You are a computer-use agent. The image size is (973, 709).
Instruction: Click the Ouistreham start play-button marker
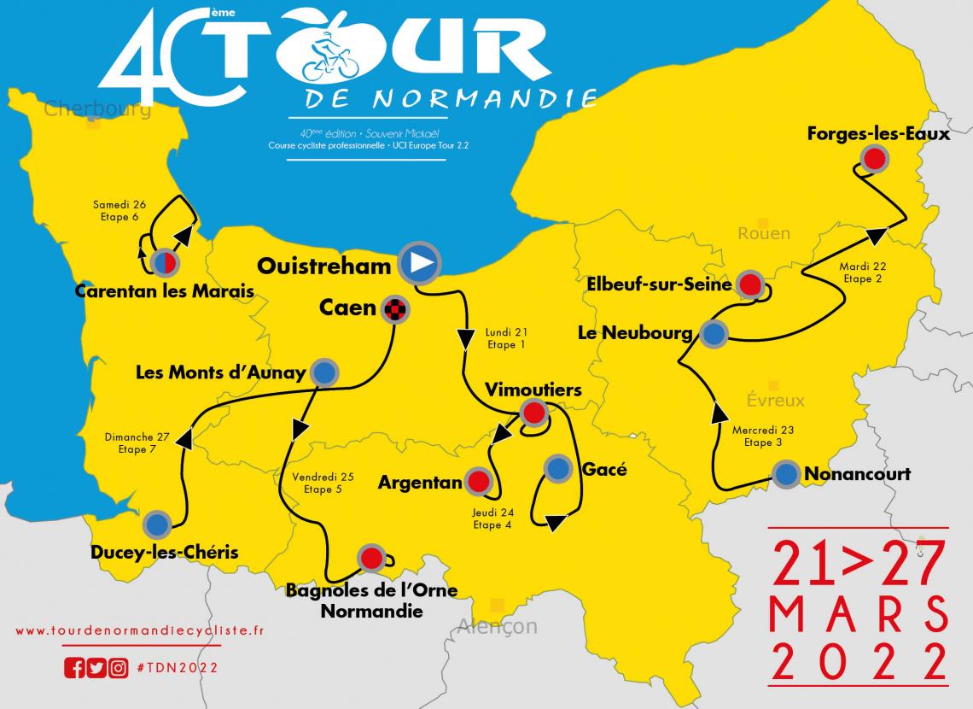click(x=419, y=263)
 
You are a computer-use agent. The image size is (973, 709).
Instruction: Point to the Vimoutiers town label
click(x=533, y=390)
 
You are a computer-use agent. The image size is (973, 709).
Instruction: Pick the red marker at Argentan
click(x=478, y=482)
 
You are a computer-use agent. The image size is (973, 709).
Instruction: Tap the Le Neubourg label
click(x=635, y=334)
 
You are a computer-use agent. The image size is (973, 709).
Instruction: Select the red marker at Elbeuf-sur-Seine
click(x=749, y=284)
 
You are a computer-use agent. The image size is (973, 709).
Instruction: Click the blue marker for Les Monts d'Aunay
click(x=325, y=372)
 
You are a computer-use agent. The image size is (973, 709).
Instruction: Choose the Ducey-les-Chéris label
click(x=164, y=553)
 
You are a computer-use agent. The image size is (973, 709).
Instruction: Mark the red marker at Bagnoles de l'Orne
click(x=370, y=559)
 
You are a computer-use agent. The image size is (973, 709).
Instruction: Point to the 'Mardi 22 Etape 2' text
click(x=862, y=272)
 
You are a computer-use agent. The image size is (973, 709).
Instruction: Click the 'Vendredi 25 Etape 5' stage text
click(x=322, y=483)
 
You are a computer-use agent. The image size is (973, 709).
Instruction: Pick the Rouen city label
click(x=764, y=233)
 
